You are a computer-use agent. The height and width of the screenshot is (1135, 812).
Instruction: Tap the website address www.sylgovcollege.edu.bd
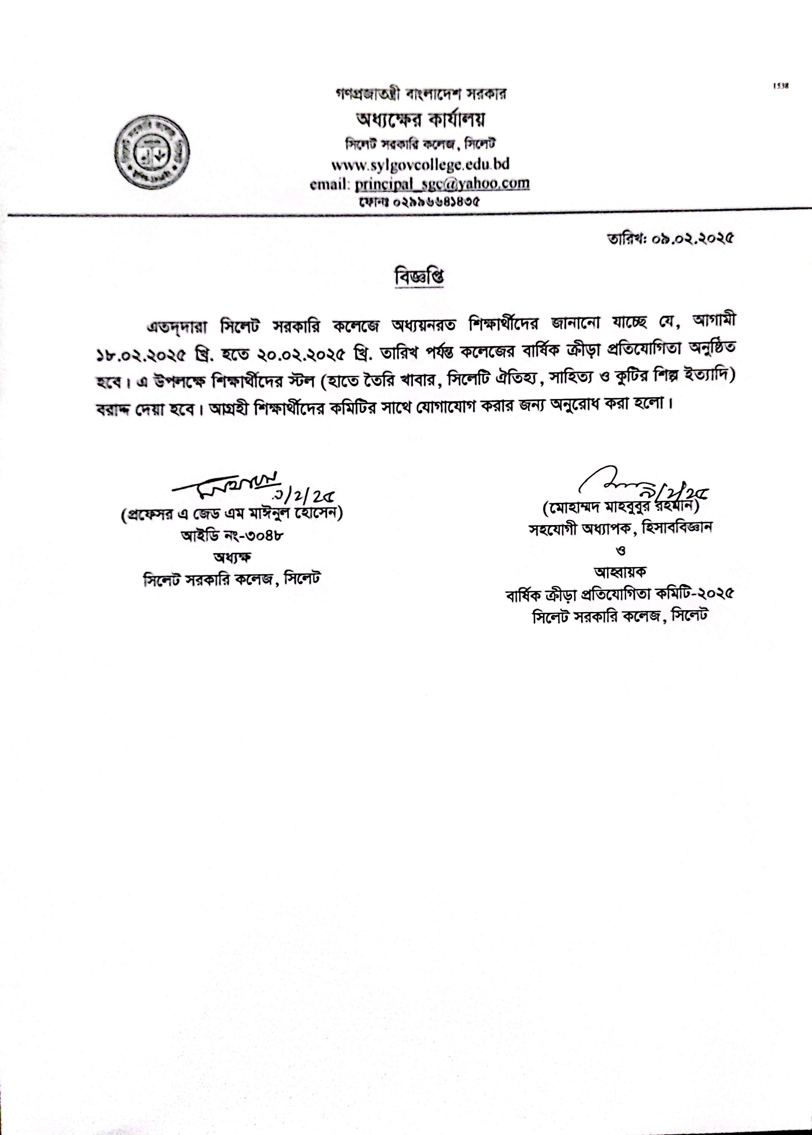[420, 165]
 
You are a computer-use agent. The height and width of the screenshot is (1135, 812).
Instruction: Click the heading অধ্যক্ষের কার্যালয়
[420, 120]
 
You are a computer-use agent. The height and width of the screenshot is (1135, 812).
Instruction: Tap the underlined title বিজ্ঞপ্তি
[419, 278]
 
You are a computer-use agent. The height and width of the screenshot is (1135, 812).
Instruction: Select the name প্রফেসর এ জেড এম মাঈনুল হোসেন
[231, 515]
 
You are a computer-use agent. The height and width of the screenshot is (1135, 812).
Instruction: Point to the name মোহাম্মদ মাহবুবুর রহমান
[620, 507]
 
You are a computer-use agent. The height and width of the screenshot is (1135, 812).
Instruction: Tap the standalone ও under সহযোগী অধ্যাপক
[621, 550]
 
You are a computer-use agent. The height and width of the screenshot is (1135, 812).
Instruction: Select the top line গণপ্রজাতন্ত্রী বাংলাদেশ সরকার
[420, 93]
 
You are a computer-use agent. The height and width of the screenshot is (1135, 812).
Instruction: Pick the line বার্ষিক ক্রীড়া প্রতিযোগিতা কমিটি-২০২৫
[620, 594]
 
